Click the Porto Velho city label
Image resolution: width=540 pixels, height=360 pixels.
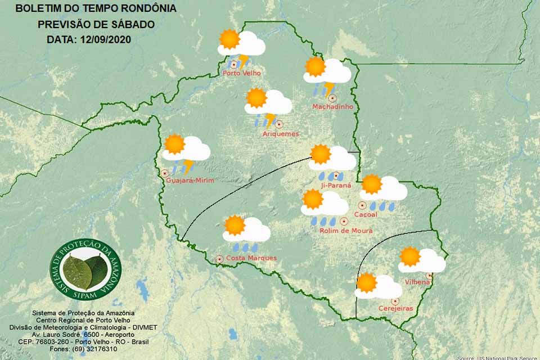click(x=242, y=73)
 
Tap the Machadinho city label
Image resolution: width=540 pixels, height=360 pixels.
click(x=333, y=107)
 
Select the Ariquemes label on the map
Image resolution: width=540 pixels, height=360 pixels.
click(x=281, y=134)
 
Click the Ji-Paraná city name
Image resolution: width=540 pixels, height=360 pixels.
click(x=337, y=185)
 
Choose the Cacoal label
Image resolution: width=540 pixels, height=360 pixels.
click(x=366, y=215)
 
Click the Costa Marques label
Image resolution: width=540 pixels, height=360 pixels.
click(x=251, y=258)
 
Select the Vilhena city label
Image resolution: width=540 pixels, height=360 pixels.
click(x=417, y=281)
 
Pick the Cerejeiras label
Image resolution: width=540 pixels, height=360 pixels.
click(x=396, y=308)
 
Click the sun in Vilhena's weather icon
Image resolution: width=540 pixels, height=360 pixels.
click(x=410, y=256)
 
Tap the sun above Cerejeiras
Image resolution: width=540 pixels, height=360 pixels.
click(x=367, y=282)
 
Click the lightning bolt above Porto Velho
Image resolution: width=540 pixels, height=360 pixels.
click(x=244, y=60)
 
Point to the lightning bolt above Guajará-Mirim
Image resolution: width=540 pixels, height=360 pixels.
click(x=188, y=166)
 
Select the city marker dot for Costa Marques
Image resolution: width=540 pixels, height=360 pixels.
click(x=219, y=259)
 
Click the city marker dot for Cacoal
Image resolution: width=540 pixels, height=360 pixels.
click(x=362, y=206)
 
